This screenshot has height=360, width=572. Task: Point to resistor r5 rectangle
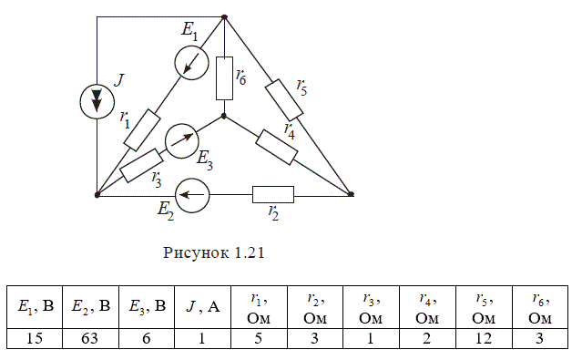284,100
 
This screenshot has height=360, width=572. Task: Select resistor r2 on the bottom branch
273,195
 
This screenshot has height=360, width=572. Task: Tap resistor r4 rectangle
277,147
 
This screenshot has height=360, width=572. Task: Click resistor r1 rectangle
142,130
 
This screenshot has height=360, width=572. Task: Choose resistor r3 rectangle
141,165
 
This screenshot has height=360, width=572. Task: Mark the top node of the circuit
224,16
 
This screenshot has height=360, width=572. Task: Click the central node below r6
224,116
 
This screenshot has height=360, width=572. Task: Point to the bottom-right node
351,194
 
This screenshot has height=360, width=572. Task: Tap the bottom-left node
97,195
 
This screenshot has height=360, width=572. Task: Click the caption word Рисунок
192,252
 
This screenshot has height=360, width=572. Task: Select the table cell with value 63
90,338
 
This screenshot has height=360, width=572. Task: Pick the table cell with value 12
484,338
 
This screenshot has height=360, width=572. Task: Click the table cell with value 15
35,338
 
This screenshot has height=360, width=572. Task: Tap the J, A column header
202,307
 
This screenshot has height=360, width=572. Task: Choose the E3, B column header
147,307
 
